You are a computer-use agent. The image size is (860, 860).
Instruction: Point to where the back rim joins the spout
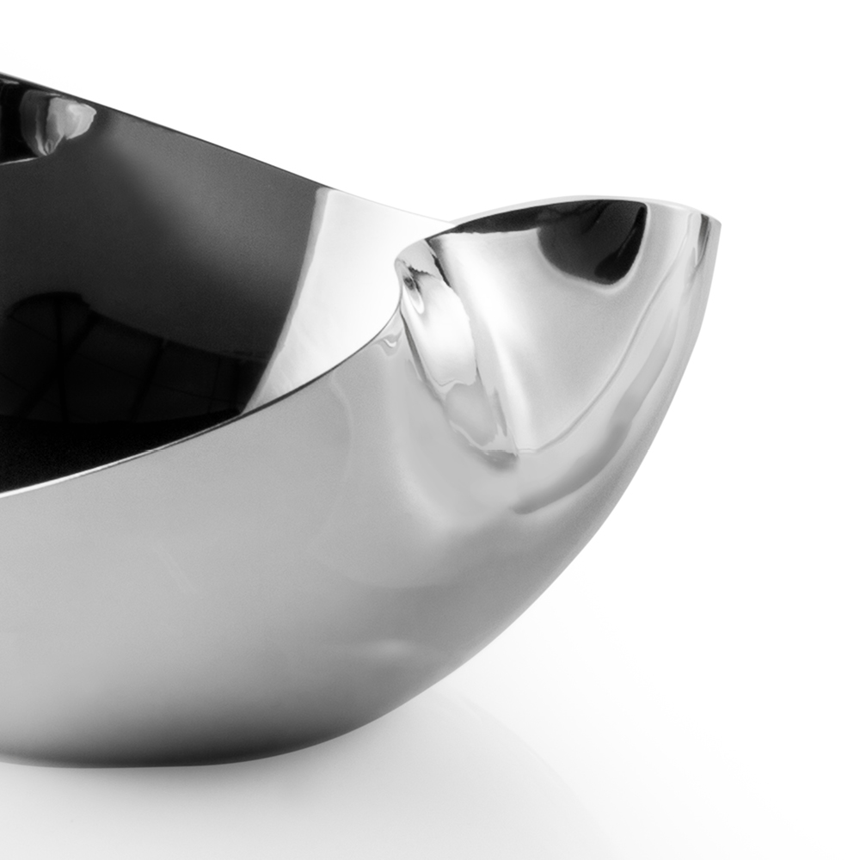coord(447,225)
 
